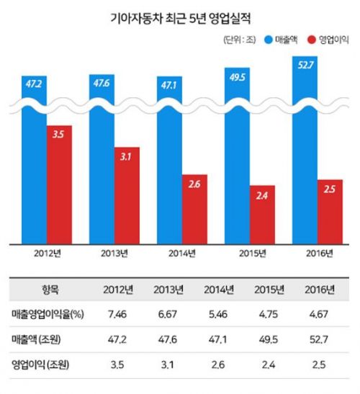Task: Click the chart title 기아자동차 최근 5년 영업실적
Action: tap(181, 18)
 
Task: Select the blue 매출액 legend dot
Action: tap(269, 40)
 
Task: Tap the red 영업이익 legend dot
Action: tap(312, 40)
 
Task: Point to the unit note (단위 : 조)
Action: tap(240, 40)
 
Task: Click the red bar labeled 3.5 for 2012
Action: tap(59, 184)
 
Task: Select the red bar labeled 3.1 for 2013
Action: tap(127, 196)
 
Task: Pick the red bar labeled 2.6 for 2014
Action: tap(194, 210)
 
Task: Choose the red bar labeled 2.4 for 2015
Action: tap(262, 215)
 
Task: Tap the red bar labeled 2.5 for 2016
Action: tap(330, 212)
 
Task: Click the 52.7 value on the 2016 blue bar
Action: tap(305, 66)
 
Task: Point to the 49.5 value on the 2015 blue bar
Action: tap(238, 77)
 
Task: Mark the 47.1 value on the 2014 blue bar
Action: tap(168, 86)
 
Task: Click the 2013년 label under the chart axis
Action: tap(114, 254)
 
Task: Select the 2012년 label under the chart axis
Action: tap(48, 254)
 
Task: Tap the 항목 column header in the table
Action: tap(50, 290)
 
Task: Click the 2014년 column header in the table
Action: tap(219, 290)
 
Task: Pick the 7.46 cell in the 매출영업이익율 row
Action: tap(117, 314)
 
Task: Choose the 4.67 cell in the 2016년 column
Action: tap(318, 314)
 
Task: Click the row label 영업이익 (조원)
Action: tap(40, 364)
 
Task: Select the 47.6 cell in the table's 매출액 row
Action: tap(168, 340)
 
